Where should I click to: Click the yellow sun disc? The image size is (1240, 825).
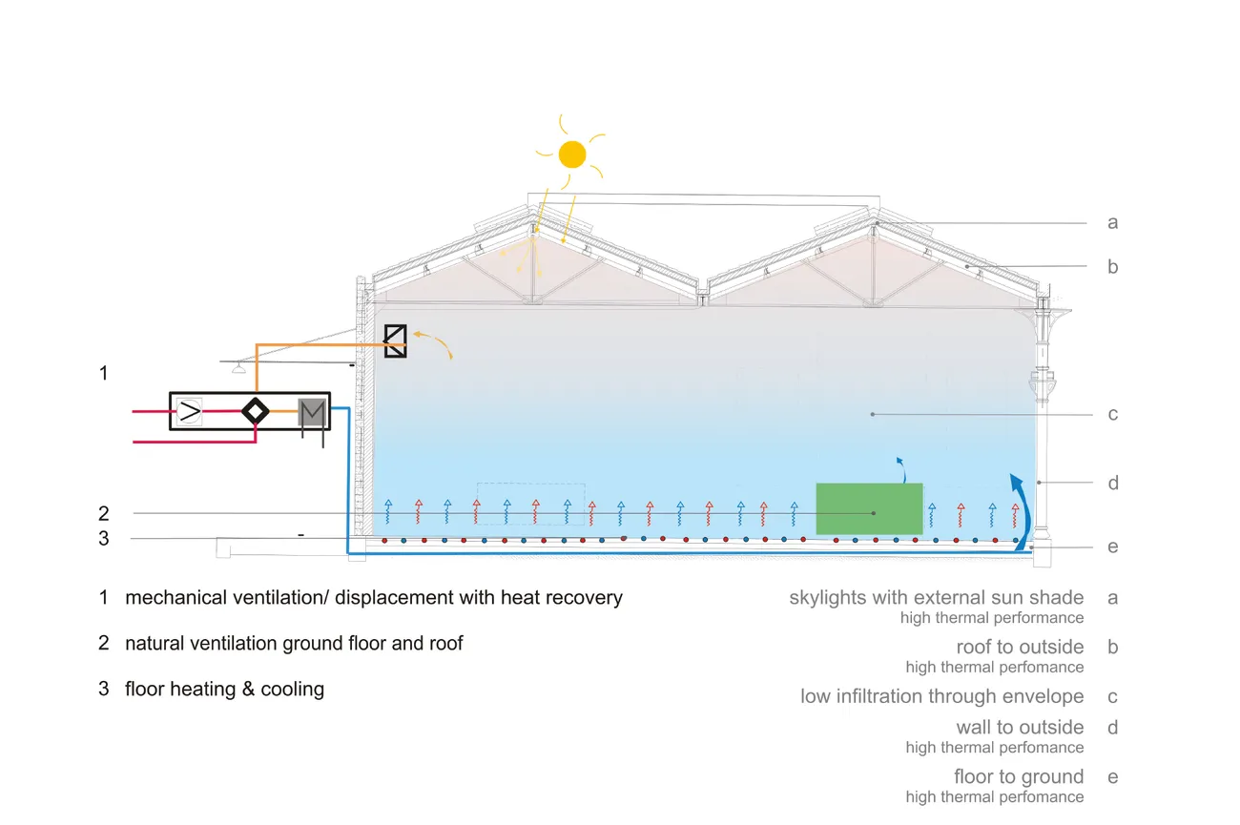pyautogui.click(x=572, y=154)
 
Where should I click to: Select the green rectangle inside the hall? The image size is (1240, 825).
pyautogui.click(x=869, y=508)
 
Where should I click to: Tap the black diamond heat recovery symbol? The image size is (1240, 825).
pyautogui.click(x=255, y=411)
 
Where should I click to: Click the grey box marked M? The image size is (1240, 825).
pyautogui.click(x=312, y=412)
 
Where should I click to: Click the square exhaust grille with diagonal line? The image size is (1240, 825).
pyautogui.click(x=395, y=340)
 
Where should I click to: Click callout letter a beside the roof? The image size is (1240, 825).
pyautogui.click(x=1112, y=223)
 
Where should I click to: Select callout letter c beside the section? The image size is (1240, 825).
pyautogui.click(x=1112, y=414)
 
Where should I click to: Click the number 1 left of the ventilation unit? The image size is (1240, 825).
pyautogui.click(x=104, y=373)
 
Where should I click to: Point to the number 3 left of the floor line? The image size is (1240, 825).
pyautogui.click(x=104, y=539)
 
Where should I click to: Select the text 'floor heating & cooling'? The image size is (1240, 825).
pyautogui.click(x=224, y=689)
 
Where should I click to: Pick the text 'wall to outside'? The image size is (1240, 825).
pyautogui.click(x=1020, y=728)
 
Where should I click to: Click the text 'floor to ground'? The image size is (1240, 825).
pyautogui.click(x=1019, y=776)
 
